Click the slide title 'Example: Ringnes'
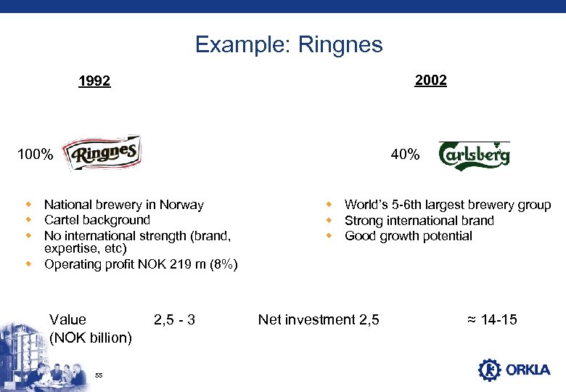coord(288,45)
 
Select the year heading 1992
coord(94,81)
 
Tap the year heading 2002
coord(430,80)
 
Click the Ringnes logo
coord(102,154)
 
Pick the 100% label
coord(36,155)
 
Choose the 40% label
coord(404,155)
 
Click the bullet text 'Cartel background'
coord(97,220)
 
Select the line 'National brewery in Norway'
coord(123,205)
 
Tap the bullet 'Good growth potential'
coord(408,236)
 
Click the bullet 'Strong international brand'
coord(419,221)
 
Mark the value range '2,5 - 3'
coord(174,319)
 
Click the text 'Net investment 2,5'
coord(319,319)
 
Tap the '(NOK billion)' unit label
coord(91,338)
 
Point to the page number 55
coord(99,375)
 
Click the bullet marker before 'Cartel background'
coord(29,220)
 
